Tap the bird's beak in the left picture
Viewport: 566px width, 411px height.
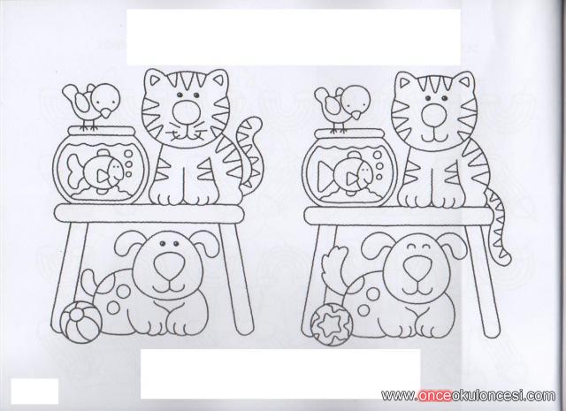coord(105,113)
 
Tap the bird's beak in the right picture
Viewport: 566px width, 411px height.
coord(356,115)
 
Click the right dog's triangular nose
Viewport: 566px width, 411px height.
coord(417,269)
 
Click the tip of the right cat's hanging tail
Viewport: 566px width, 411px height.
coord(507,257)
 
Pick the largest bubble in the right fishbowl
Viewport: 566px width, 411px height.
coord(378,156)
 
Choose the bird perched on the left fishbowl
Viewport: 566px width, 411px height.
coord(92,105)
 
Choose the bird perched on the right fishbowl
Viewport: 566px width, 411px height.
coord(343,108)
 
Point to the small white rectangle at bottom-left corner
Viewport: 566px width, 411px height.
coord(34,392)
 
